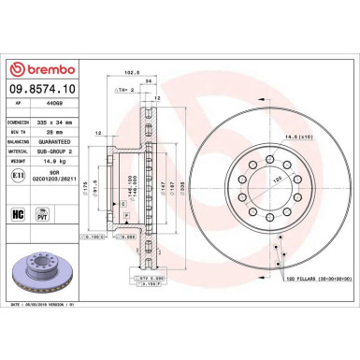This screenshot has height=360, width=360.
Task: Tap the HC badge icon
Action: click(x=20, y=214)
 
